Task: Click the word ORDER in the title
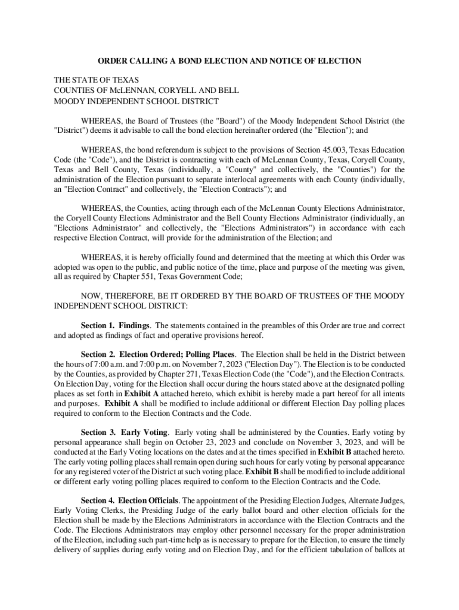(113, 61)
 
